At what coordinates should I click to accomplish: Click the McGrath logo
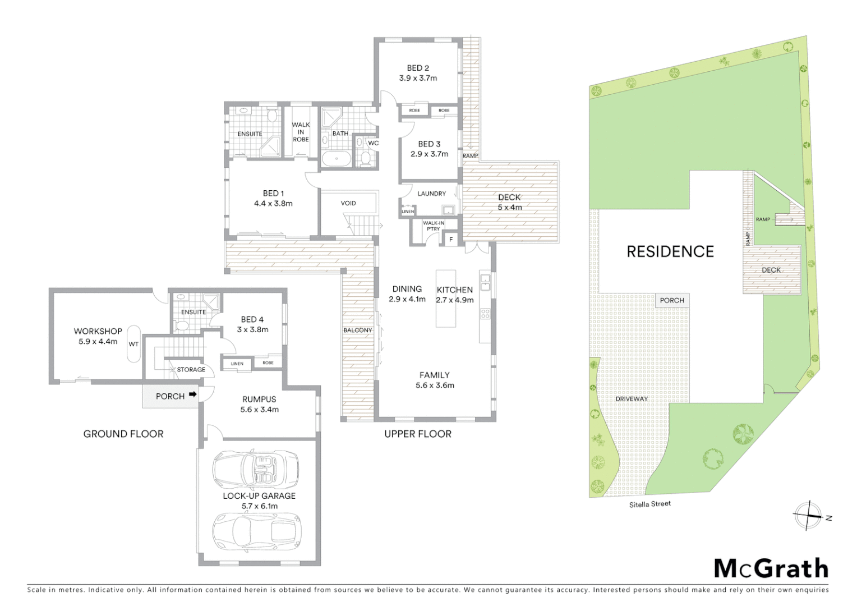(x=771, y=568)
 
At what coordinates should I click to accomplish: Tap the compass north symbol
(x=808, y=515)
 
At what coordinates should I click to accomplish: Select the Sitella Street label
(x=649, y=504)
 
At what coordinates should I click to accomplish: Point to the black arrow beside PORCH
(x=192, y=395)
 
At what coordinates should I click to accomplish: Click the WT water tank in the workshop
(x=133, y=344)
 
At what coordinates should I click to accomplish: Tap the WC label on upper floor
(x=373, y=143)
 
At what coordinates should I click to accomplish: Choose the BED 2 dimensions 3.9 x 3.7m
(x=418, y=78)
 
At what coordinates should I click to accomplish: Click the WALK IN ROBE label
(x=301, y=132)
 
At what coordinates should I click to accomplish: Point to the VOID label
(x=348, y=203)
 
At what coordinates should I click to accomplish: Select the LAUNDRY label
(x=431, y=194)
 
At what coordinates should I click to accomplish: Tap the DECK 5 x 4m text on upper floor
(x=509, y=202)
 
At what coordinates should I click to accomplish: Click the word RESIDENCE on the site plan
(x=670, y=251)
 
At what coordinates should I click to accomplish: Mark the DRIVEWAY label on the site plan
(x=631, y=399)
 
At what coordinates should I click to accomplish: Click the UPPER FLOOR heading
(x=417, y=434)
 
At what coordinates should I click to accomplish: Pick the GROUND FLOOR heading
(x=123, y=434)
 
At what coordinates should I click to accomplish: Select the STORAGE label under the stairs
(x=191, y=370)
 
